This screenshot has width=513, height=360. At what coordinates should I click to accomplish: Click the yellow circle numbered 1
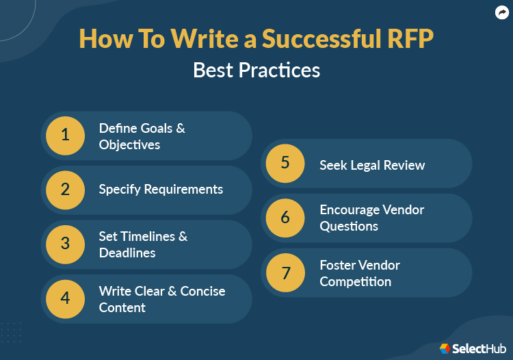pos(65,136)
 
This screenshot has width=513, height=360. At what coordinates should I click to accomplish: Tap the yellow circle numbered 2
pos(65,190)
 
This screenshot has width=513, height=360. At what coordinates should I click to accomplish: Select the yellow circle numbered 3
pos(65,244)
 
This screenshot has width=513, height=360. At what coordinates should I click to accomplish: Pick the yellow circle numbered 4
pos(65,298)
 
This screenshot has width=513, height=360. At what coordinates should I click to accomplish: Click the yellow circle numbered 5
pos(285,164)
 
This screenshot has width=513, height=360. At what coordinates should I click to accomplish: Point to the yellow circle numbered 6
pos(285,218)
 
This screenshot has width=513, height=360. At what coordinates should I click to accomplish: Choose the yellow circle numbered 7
pos(285,272)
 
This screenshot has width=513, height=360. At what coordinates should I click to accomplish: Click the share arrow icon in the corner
pos(501,12)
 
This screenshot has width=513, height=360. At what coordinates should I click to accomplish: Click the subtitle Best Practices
pos(256,70)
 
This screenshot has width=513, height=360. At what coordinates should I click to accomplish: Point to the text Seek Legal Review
pos(372,165)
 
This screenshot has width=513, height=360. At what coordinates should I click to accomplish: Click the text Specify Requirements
pos(161,190)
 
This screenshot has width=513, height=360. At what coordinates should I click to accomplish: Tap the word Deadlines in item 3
pos(127,253)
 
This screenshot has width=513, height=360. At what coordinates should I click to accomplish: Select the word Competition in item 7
pos(356,281)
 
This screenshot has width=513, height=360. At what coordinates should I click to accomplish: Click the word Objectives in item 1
pos(129,145)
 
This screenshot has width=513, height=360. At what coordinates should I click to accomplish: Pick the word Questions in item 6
pos(349,227)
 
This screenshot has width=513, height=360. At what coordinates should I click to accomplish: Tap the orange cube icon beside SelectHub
pos(445,348)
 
